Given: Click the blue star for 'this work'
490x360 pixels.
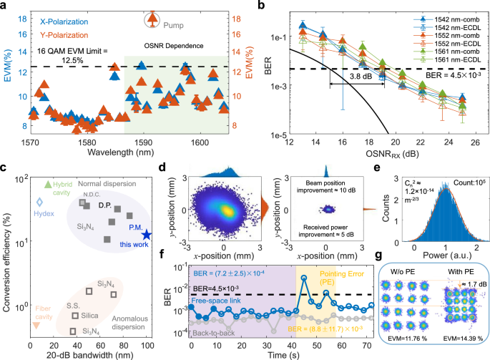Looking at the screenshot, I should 147,234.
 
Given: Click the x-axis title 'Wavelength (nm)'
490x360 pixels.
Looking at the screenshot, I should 129,152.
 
